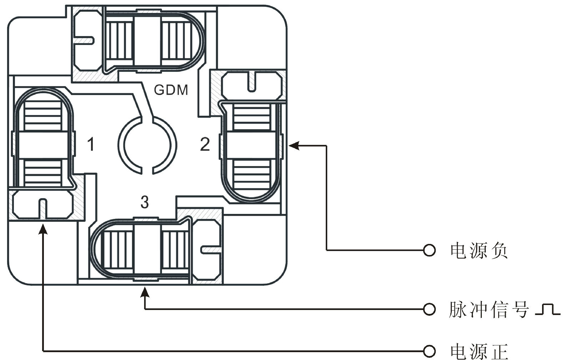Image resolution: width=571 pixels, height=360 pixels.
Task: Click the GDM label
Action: point(171,90)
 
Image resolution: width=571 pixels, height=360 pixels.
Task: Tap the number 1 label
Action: point(91,145)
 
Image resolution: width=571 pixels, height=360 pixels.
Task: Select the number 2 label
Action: point(205,145)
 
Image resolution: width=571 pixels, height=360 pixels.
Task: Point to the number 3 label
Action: point(144,202)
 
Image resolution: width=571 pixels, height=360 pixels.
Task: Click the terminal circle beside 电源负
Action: point(429,250)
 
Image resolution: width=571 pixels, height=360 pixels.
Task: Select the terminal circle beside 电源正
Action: point(429,350)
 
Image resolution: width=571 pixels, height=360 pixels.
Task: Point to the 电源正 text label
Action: point(479,351)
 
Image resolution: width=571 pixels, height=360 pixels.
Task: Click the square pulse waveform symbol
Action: point(548,310)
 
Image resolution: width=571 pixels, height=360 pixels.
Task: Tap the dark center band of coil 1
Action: point(43,145)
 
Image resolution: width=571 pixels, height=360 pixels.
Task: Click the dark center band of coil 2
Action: point(251,145)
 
